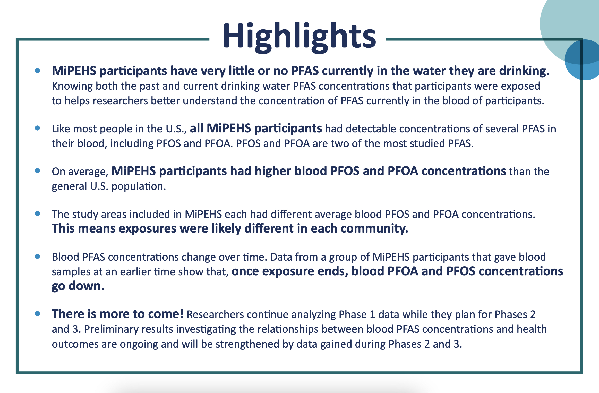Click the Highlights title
click(299, 36)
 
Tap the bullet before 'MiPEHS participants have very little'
click(38, 71)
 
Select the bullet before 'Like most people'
click(38, 128)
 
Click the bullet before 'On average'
click(38, 171)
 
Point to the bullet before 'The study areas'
click(38, 213)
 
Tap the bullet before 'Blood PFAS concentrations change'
click(38, 256)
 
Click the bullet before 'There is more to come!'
click(38, 314)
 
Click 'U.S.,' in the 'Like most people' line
click(176, 129)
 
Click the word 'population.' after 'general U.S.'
click(139, 186)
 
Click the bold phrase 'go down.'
click(78, 286)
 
